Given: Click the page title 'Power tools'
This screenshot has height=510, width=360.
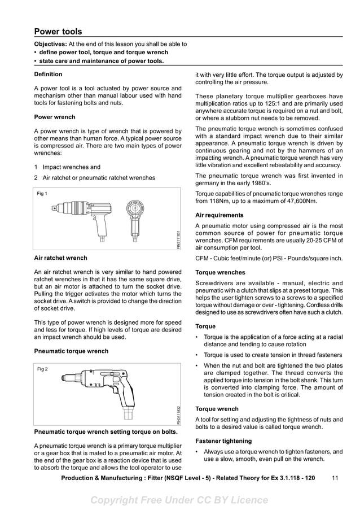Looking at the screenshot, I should point(58,32).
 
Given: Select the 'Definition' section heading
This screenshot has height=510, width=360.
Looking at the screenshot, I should point(48,74).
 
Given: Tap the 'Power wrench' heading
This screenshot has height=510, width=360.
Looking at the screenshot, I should point(55,117).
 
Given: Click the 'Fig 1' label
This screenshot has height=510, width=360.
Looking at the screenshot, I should point(42,194).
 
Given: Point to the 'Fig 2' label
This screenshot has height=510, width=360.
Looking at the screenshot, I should point(42,369).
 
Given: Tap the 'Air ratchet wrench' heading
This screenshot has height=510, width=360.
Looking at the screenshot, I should point(61,258).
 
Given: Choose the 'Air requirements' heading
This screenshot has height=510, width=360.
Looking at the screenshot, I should point(219,215).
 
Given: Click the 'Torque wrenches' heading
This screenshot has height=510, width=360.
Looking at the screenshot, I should point(220,272).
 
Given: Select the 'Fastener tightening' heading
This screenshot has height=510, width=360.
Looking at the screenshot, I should point(223,441).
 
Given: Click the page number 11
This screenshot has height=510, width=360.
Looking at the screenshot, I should point(335,478).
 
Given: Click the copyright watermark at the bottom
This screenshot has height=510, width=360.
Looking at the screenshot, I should point(179,500).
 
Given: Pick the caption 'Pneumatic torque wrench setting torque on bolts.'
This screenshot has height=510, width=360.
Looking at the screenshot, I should point(106,432).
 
